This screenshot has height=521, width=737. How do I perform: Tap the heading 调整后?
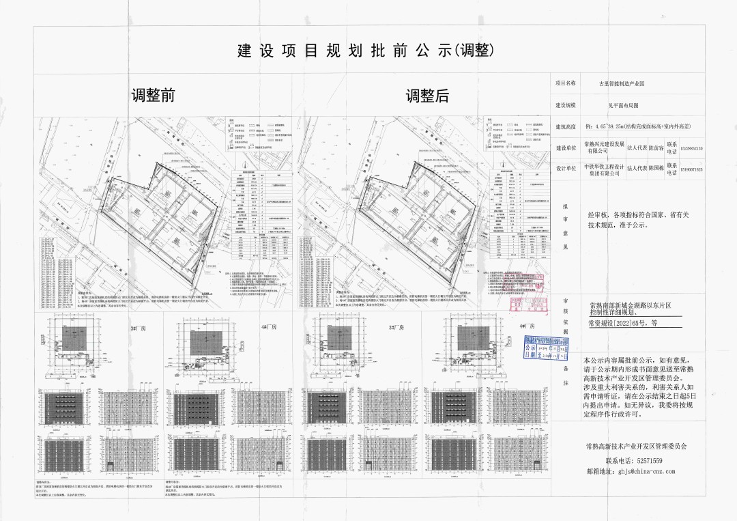tap(428, 96)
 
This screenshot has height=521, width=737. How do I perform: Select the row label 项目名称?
tap(565, 84)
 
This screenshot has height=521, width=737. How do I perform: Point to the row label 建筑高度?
tap(565, 127)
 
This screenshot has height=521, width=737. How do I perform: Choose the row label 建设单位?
tap(565, 147)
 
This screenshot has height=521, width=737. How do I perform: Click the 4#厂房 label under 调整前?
tap(268, 328)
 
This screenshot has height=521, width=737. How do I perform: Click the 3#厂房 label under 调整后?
tap(398, 328)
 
